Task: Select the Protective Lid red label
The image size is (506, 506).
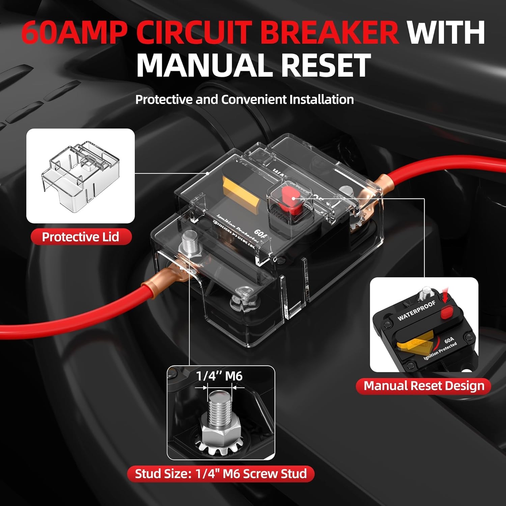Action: pyautogui.click(x=81, y=237)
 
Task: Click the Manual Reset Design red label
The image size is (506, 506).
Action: pyautogui.click(x=424, y=386)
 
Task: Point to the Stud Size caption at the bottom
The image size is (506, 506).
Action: pyautogui.click(x=221, y=474)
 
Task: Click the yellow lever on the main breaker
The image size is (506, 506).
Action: pyautogui.click(x=242, y=194)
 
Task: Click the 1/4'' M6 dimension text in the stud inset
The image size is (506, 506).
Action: pyautogui.click(x=219, y=376)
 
